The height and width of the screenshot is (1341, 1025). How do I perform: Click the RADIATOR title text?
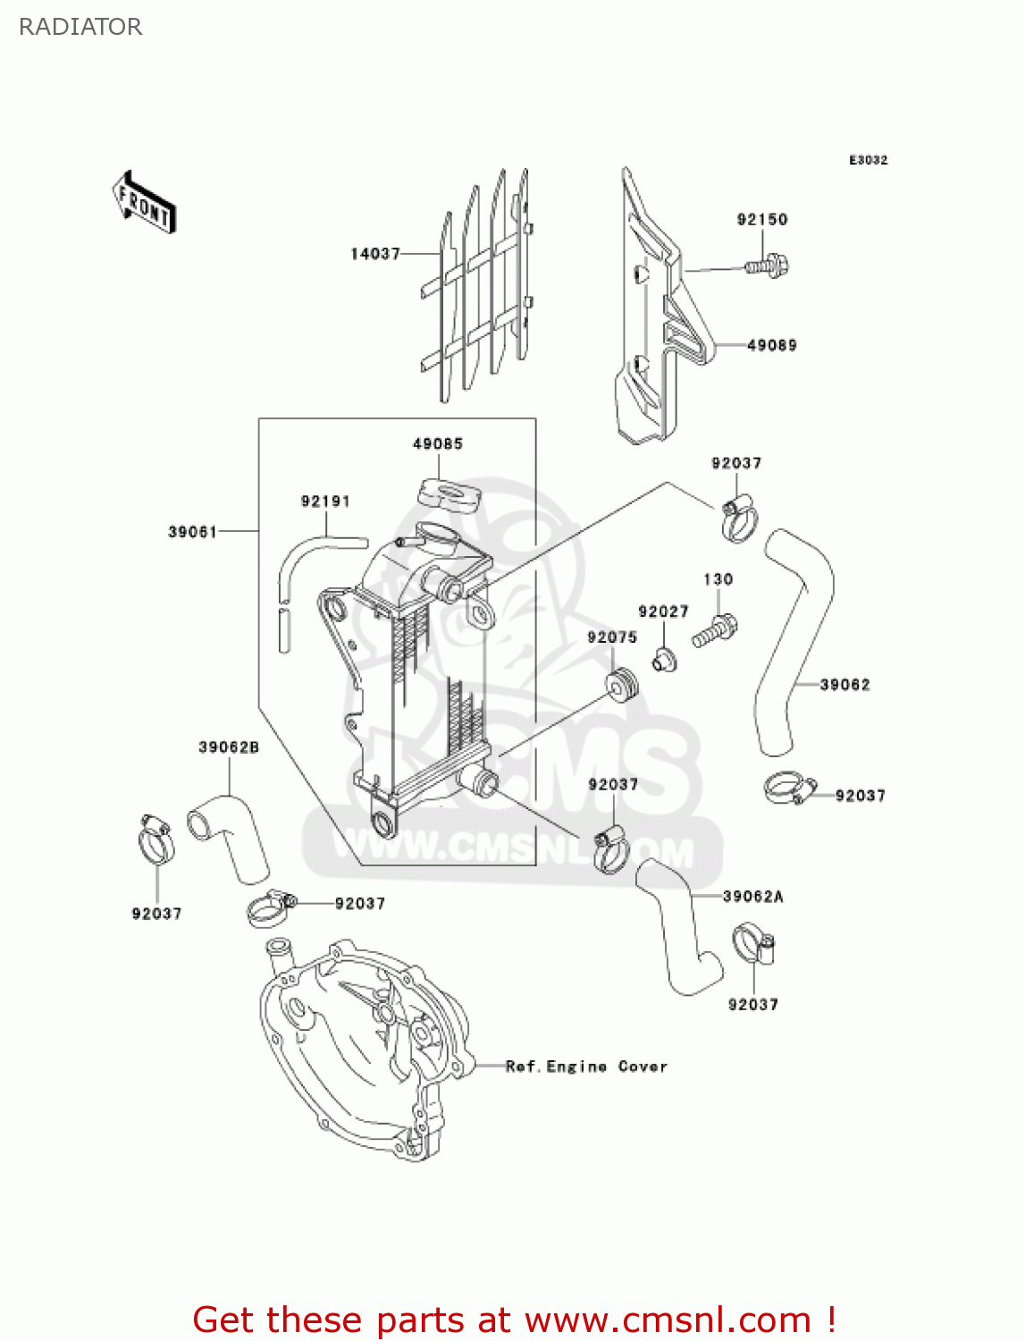(80, 27)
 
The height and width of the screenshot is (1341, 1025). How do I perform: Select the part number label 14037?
(375, 254)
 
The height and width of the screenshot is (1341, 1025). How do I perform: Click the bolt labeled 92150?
(768, 266)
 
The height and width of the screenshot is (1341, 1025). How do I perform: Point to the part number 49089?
(771, 345)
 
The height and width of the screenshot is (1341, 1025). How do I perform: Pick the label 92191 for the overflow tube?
(325, 502)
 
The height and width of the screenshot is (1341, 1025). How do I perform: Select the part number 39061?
(192, 532)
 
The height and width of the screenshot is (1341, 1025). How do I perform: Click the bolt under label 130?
(715, 630)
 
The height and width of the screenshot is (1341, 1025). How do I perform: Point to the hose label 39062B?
(229, 747)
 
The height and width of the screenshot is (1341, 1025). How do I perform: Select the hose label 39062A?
(752, 897)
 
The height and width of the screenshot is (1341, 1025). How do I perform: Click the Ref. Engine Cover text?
(586, 1067)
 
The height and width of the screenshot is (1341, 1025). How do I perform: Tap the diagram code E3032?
(868, 160)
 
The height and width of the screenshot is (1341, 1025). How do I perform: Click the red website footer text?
(514, 1320)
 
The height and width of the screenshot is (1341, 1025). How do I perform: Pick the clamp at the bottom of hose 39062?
(788, 789)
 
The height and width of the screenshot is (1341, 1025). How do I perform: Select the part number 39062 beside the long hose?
(844, 685)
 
